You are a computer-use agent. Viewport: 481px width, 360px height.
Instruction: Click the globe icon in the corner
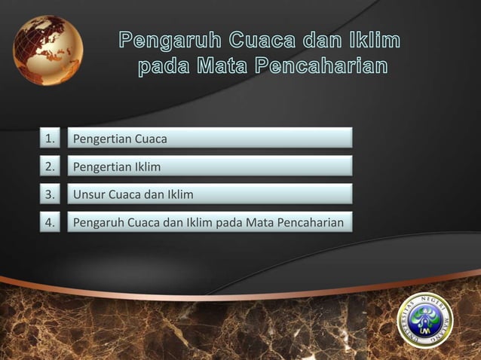coord(47,50)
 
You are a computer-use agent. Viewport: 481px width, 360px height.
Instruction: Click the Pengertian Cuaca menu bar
coord(210,139)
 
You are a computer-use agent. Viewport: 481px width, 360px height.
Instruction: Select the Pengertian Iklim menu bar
coord(210,166)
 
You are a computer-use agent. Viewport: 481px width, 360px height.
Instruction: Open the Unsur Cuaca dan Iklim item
coord(210,195)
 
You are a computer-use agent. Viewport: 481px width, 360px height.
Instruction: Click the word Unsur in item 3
coord(87,195)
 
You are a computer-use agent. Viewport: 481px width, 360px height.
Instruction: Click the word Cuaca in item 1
coord(151,139)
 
